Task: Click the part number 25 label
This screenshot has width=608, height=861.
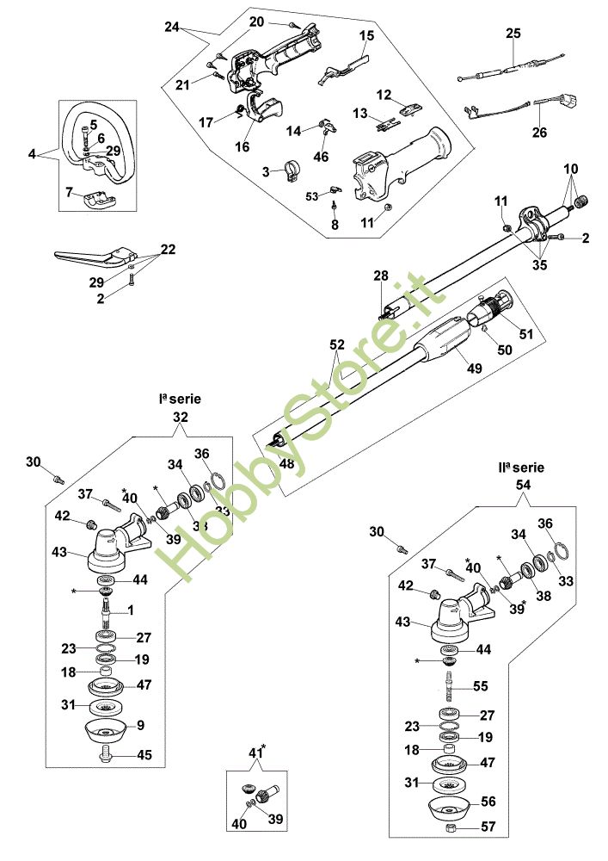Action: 513,34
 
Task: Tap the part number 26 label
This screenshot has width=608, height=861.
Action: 539,133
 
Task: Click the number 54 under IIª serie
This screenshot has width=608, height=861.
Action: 521,486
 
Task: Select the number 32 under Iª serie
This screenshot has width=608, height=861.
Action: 181,417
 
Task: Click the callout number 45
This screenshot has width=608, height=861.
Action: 144,755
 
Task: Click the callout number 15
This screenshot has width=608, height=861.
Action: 367,35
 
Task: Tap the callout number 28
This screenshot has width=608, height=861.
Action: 381,276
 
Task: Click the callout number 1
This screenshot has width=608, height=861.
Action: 130,610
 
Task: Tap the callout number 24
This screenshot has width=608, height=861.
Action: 172,27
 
